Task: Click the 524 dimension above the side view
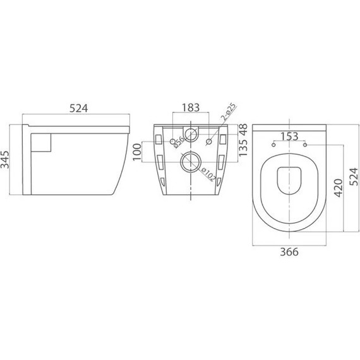tap(78, 108)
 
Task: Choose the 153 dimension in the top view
tap(290, 136)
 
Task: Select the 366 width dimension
tap(289, 251)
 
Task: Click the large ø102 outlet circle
tap(188, 163)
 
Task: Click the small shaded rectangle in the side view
tap(42, 142)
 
